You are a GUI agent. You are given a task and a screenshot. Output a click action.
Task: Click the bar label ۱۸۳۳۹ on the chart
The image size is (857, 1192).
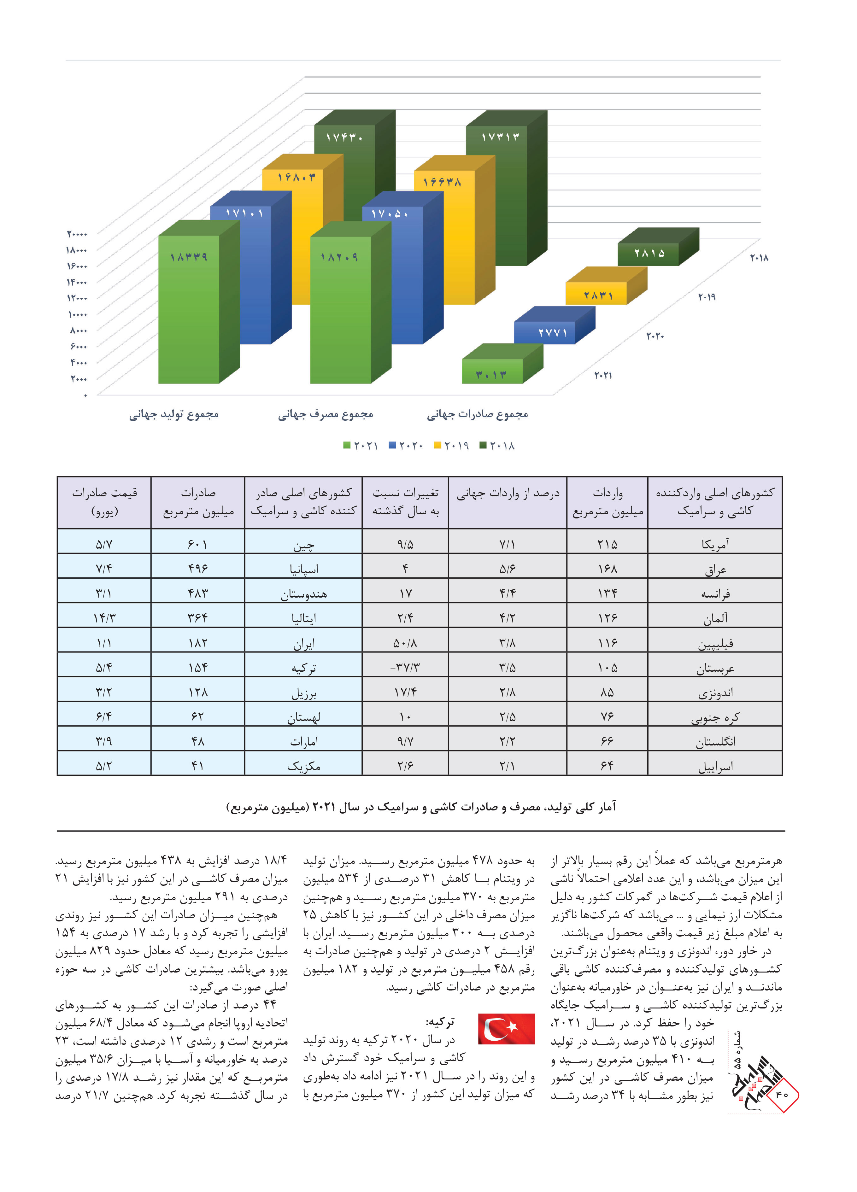click(x=188, y=257)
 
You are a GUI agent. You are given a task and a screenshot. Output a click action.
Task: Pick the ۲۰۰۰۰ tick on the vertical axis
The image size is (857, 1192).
click(x=77, y=234)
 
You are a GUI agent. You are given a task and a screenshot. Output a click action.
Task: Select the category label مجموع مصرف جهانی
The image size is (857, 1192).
click(x=326, y=415)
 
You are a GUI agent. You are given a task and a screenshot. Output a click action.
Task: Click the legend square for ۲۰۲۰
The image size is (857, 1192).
click(x=392, y=445)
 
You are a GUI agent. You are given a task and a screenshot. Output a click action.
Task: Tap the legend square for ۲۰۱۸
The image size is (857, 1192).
click(x=483, y=445)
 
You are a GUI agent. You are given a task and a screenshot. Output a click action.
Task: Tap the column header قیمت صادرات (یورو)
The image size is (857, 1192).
click(x=104, y=502)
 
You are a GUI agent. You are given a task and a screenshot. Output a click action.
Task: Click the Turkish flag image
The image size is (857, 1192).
click(x=506, y=1029)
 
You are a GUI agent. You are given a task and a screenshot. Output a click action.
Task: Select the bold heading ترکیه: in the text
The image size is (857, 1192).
click(x=440, y=1022)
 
